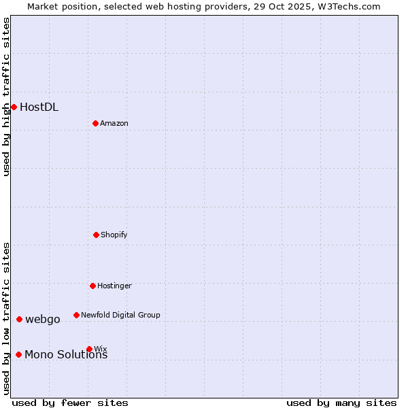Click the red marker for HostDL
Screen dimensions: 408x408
click(14, 107)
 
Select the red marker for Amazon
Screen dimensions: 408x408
click(95, 123)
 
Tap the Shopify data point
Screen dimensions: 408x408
click(96, 235)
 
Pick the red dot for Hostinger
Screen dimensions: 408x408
click(92, 286)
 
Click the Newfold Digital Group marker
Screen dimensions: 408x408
click(76, 315)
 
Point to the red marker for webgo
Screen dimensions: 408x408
click(19, 319)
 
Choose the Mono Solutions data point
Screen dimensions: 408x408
click(18, 354)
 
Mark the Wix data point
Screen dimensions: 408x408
click(89, 349)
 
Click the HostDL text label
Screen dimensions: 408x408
click(39, 107)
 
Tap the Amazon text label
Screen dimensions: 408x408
click(114, 123)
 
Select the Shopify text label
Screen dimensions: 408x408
click(114, 235)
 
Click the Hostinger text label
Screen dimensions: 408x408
click(114, 286)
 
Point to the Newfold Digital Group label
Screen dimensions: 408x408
click(120, 315)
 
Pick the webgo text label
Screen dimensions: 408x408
click(43, 319)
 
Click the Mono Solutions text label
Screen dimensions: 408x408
click(66, 355)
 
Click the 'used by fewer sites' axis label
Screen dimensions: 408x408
click(70, 403)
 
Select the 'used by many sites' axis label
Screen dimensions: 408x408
click(341, 403)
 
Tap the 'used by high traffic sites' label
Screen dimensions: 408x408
click(6, 97)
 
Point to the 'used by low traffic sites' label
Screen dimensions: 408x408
click(6, 318)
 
